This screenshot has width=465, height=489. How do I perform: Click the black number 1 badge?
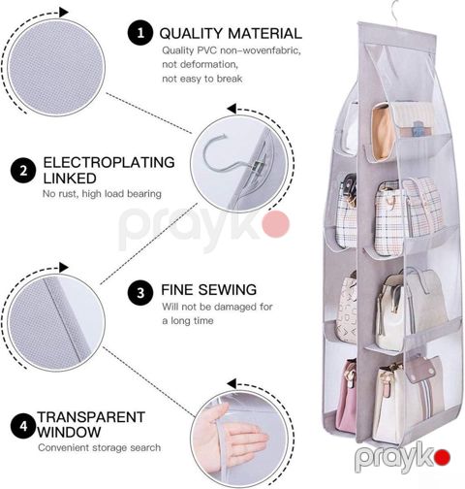click(140, 33)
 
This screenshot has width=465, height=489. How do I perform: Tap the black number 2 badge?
click(23, 171)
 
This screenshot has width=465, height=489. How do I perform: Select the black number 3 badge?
click(140, 293)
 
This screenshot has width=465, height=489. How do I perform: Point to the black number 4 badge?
click(23, 426)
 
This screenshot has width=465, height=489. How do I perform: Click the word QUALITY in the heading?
click(191, 34)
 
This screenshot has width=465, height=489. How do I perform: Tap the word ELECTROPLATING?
click(108, 162)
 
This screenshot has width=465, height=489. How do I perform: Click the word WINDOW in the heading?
click(69, 432)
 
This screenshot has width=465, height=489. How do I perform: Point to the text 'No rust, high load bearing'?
click(102, 194)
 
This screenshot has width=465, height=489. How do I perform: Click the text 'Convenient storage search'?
click(100, 447)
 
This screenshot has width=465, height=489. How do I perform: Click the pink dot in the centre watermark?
click(276, 224)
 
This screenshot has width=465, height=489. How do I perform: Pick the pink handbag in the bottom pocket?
click(346, 398)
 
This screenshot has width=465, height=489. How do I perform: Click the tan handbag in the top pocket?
click(383, 131)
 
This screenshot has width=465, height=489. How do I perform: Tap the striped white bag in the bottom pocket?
click(409, 401)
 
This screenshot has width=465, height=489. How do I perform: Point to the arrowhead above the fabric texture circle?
click(64, 13)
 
